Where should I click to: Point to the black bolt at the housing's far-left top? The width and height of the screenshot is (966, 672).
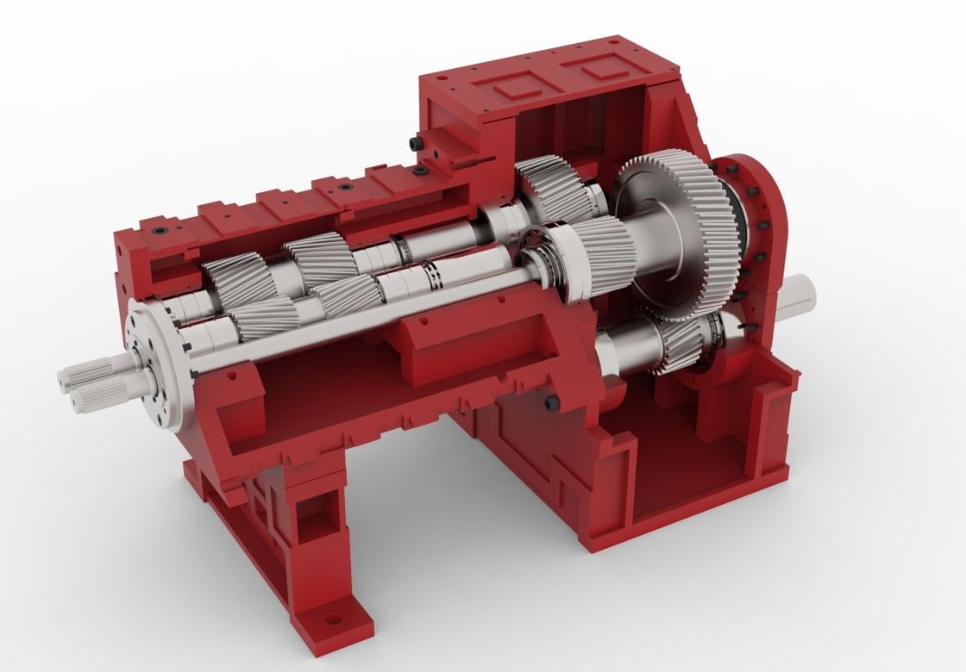coord(161,231)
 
